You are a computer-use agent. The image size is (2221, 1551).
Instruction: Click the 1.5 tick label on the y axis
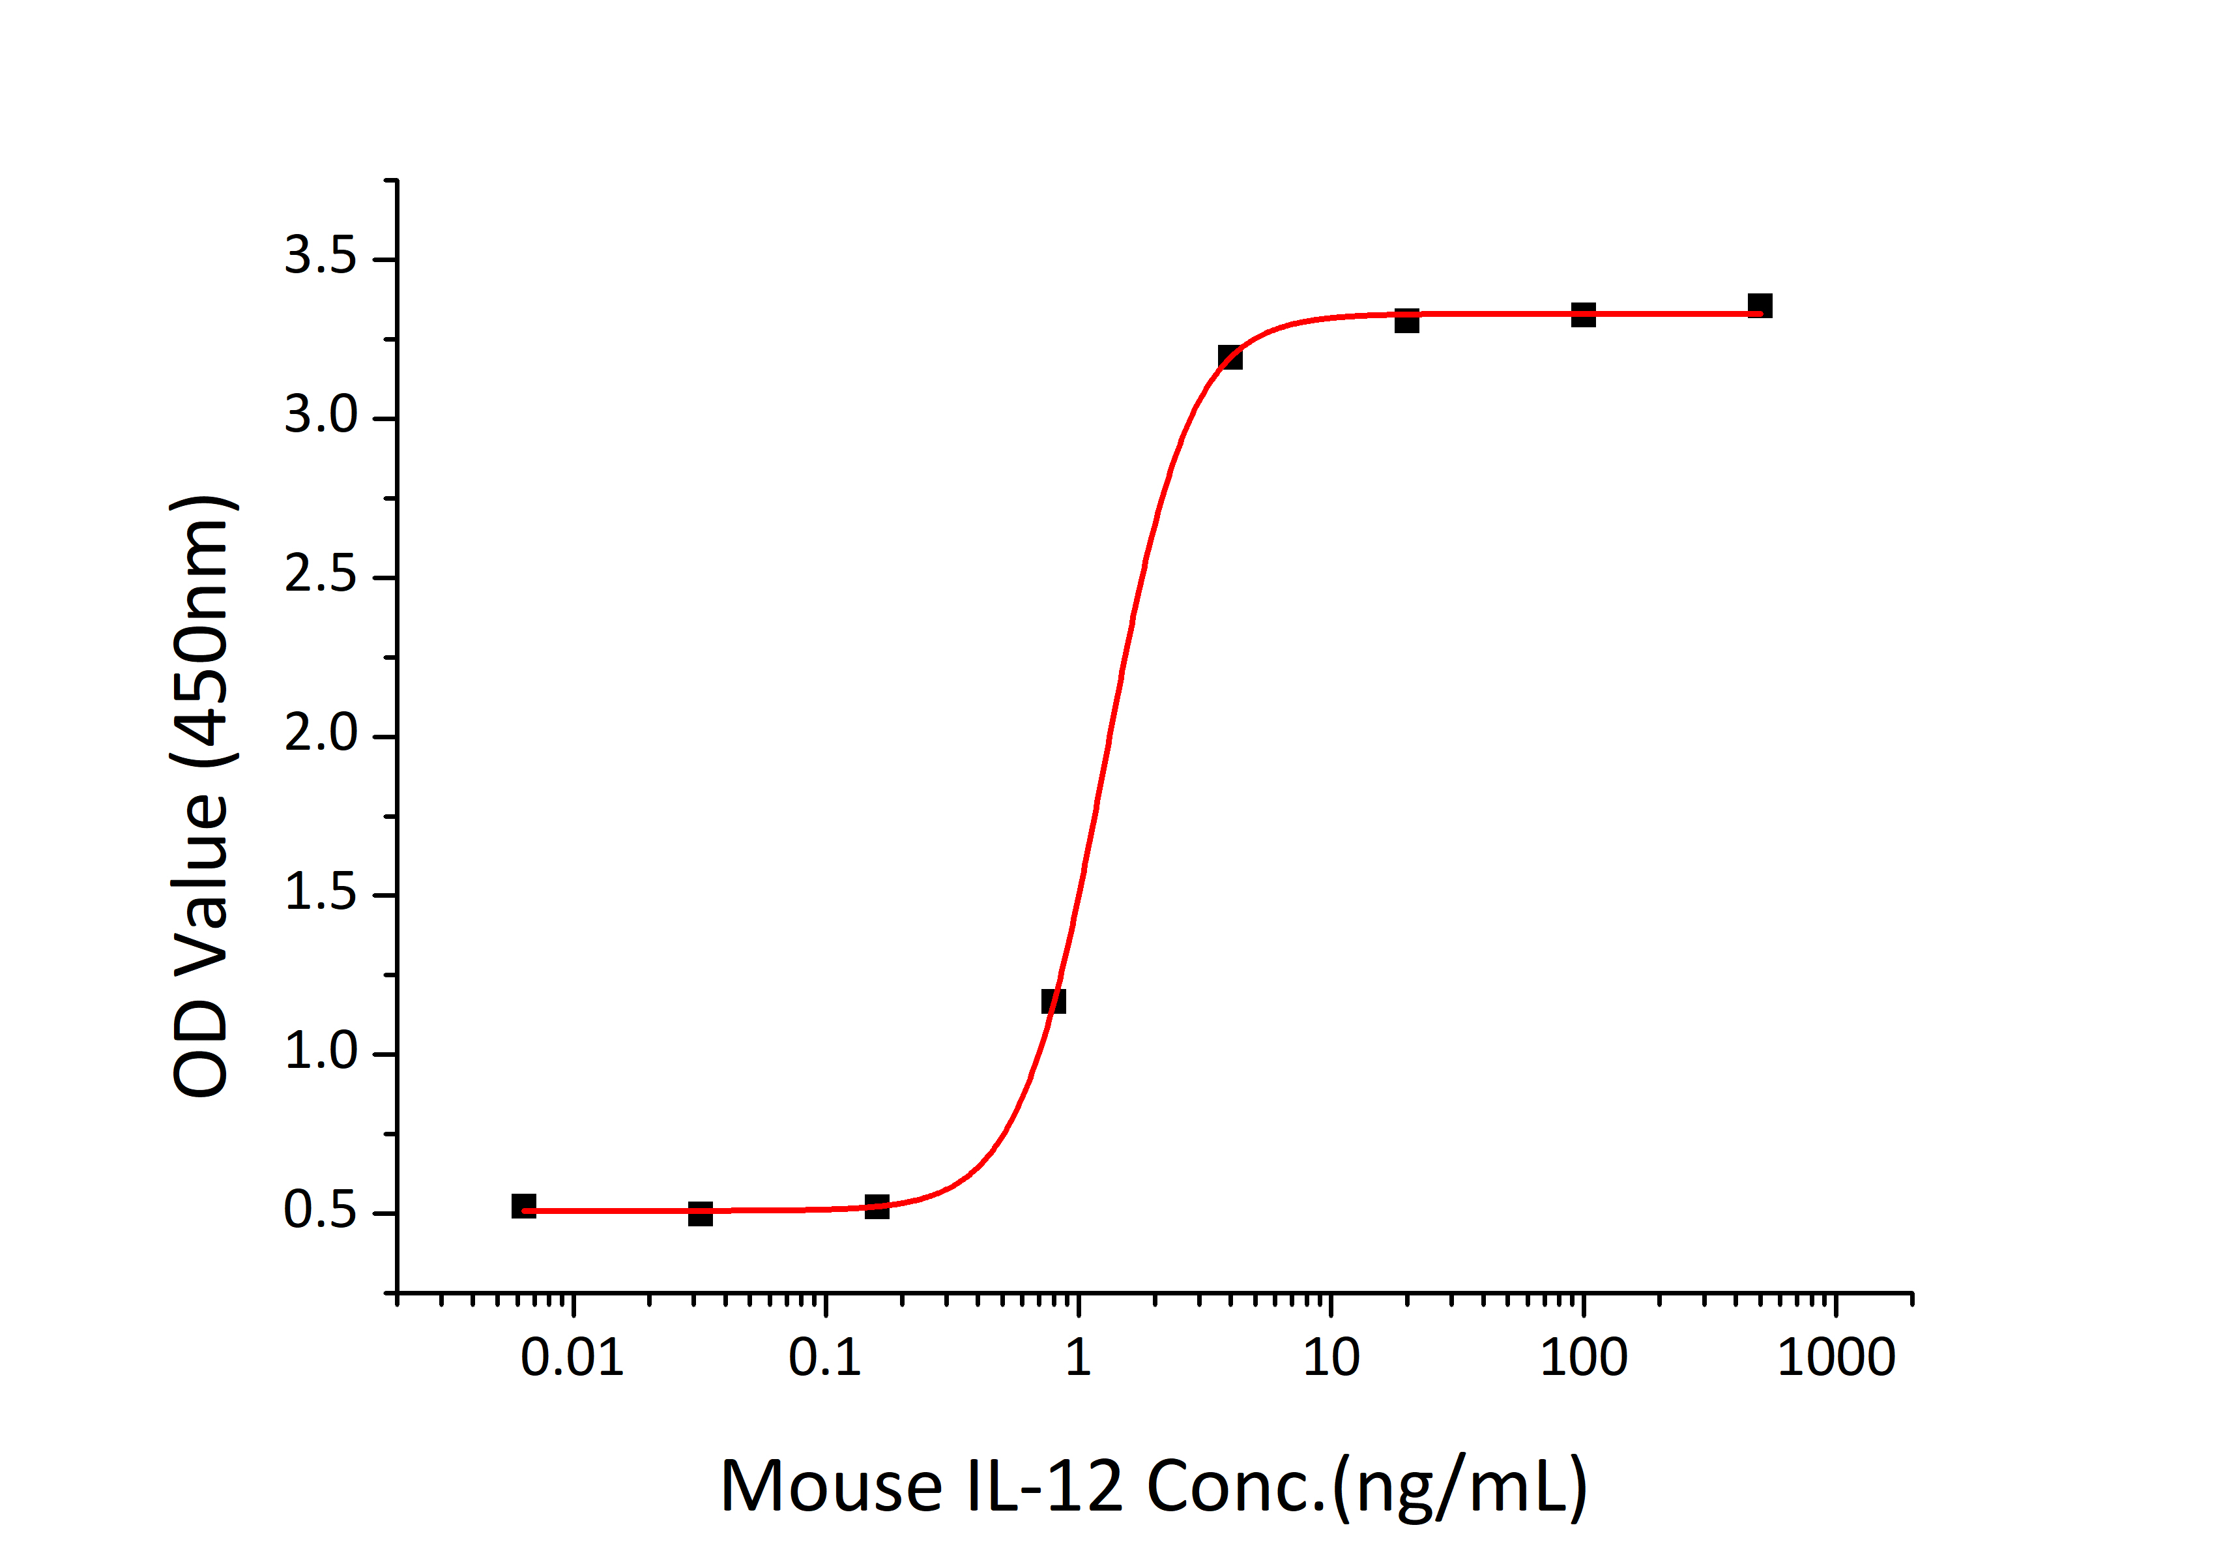pyautogui.click(x=320, y=893)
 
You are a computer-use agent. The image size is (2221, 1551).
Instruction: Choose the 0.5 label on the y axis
pyautogui.click(x=320, y=1211)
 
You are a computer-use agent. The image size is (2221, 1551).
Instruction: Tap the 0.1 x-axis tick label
pyautogui.click(x=824, y=1359)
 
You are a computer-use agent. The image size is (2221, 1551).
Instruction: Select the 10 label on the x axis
pyautogui.click(x=1331, y=1359)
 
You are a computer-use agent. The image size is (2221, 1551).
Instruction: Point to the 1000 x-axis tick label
pyautogui.click(x=1836, y=1359)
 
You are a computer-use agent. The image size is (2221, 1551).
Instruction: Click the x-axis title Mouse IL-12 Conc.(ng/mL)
pyautogui.click(x=1153, y=1486)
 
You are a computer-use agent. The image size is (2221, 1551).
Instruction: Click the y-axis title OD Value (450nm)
pyautogui.click(x=201, y=796)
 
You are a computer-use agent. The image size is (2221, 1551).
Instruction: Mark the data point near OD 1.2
pyautogui.click(x=1053, y=1001)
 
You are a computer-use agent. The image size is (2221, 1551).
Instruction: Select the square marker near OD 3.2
pyautogui.click(x=1230, y=357)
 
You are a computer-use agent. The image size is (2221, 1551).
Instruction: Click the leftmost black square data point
pyautogui.click(x=523, y=1205)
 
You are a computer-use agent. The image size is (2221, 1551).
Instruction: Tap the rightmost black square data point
pyautogui.click(x=1760, y=306)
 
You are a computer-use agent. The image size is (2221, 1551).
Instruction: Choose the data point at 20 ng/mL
pyautogui.click(x=1406, y=320)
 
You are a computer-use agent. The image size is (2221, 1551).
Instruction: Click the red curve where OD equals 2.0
pyautogui.click(x=1109, y=736)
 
